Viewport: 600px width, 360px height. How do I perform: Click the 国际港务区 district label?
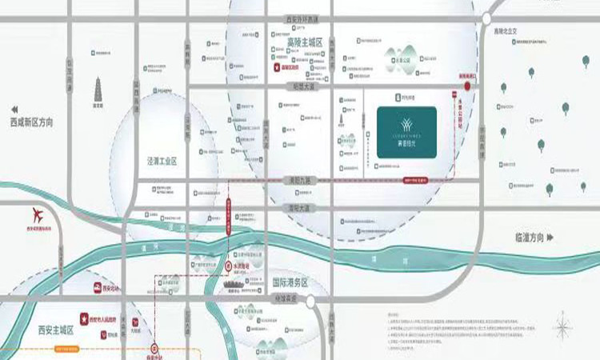(x=290, y=282)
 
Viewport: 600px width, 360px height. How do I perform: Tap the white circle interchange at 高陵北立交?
(x=487, y=18)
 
